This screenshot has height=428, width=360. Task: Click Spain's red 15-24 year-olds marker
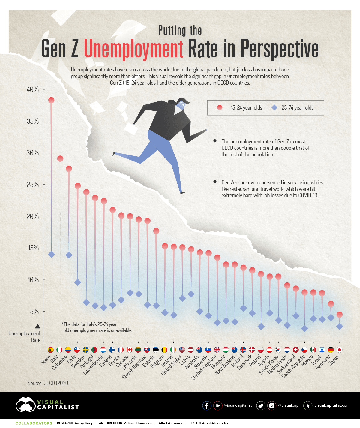click(51, 100)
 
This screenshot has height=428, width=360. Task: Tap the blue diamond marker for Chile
click(78, 282)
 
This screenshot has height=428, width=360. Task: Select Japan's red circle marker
click(340, 315)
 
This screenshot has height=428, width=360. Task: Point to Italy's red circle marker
click(60, 158)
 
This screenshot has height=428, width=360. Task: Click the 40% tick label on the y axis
click(33, 89)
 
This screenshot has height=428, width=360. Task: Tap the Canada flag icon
click(130, 350)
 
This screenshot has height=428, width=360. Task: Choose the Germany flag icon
click(331, 350)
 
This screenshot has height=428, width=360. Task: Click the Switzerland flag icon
click(296, 350)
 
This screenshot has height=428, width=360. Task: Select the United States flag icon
click(182, 350)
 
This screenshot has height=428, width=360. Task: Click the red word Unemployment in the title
click(133, 49)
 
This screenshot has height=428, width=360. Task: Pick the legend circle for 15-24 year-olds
click(220, 107)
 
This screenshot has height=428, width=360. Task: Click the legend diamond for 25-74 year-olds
click(274, 107)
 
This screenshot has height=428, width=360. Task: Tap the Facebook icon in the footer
click(207, 405)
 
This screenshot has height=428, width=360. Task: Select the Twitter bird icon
click(261, 405)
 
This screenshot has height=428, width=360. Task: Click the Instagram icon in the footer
click(271, 405)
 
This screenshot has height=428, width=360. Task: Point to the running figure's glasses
click(182, 104)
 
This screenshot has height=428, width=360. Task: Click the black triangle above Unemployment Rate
click(38, 326)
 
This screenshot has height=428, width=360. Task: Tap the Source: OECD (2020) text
click(49, 383)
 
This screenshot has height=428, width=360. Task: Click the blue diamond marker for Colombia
click(69, 255)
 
